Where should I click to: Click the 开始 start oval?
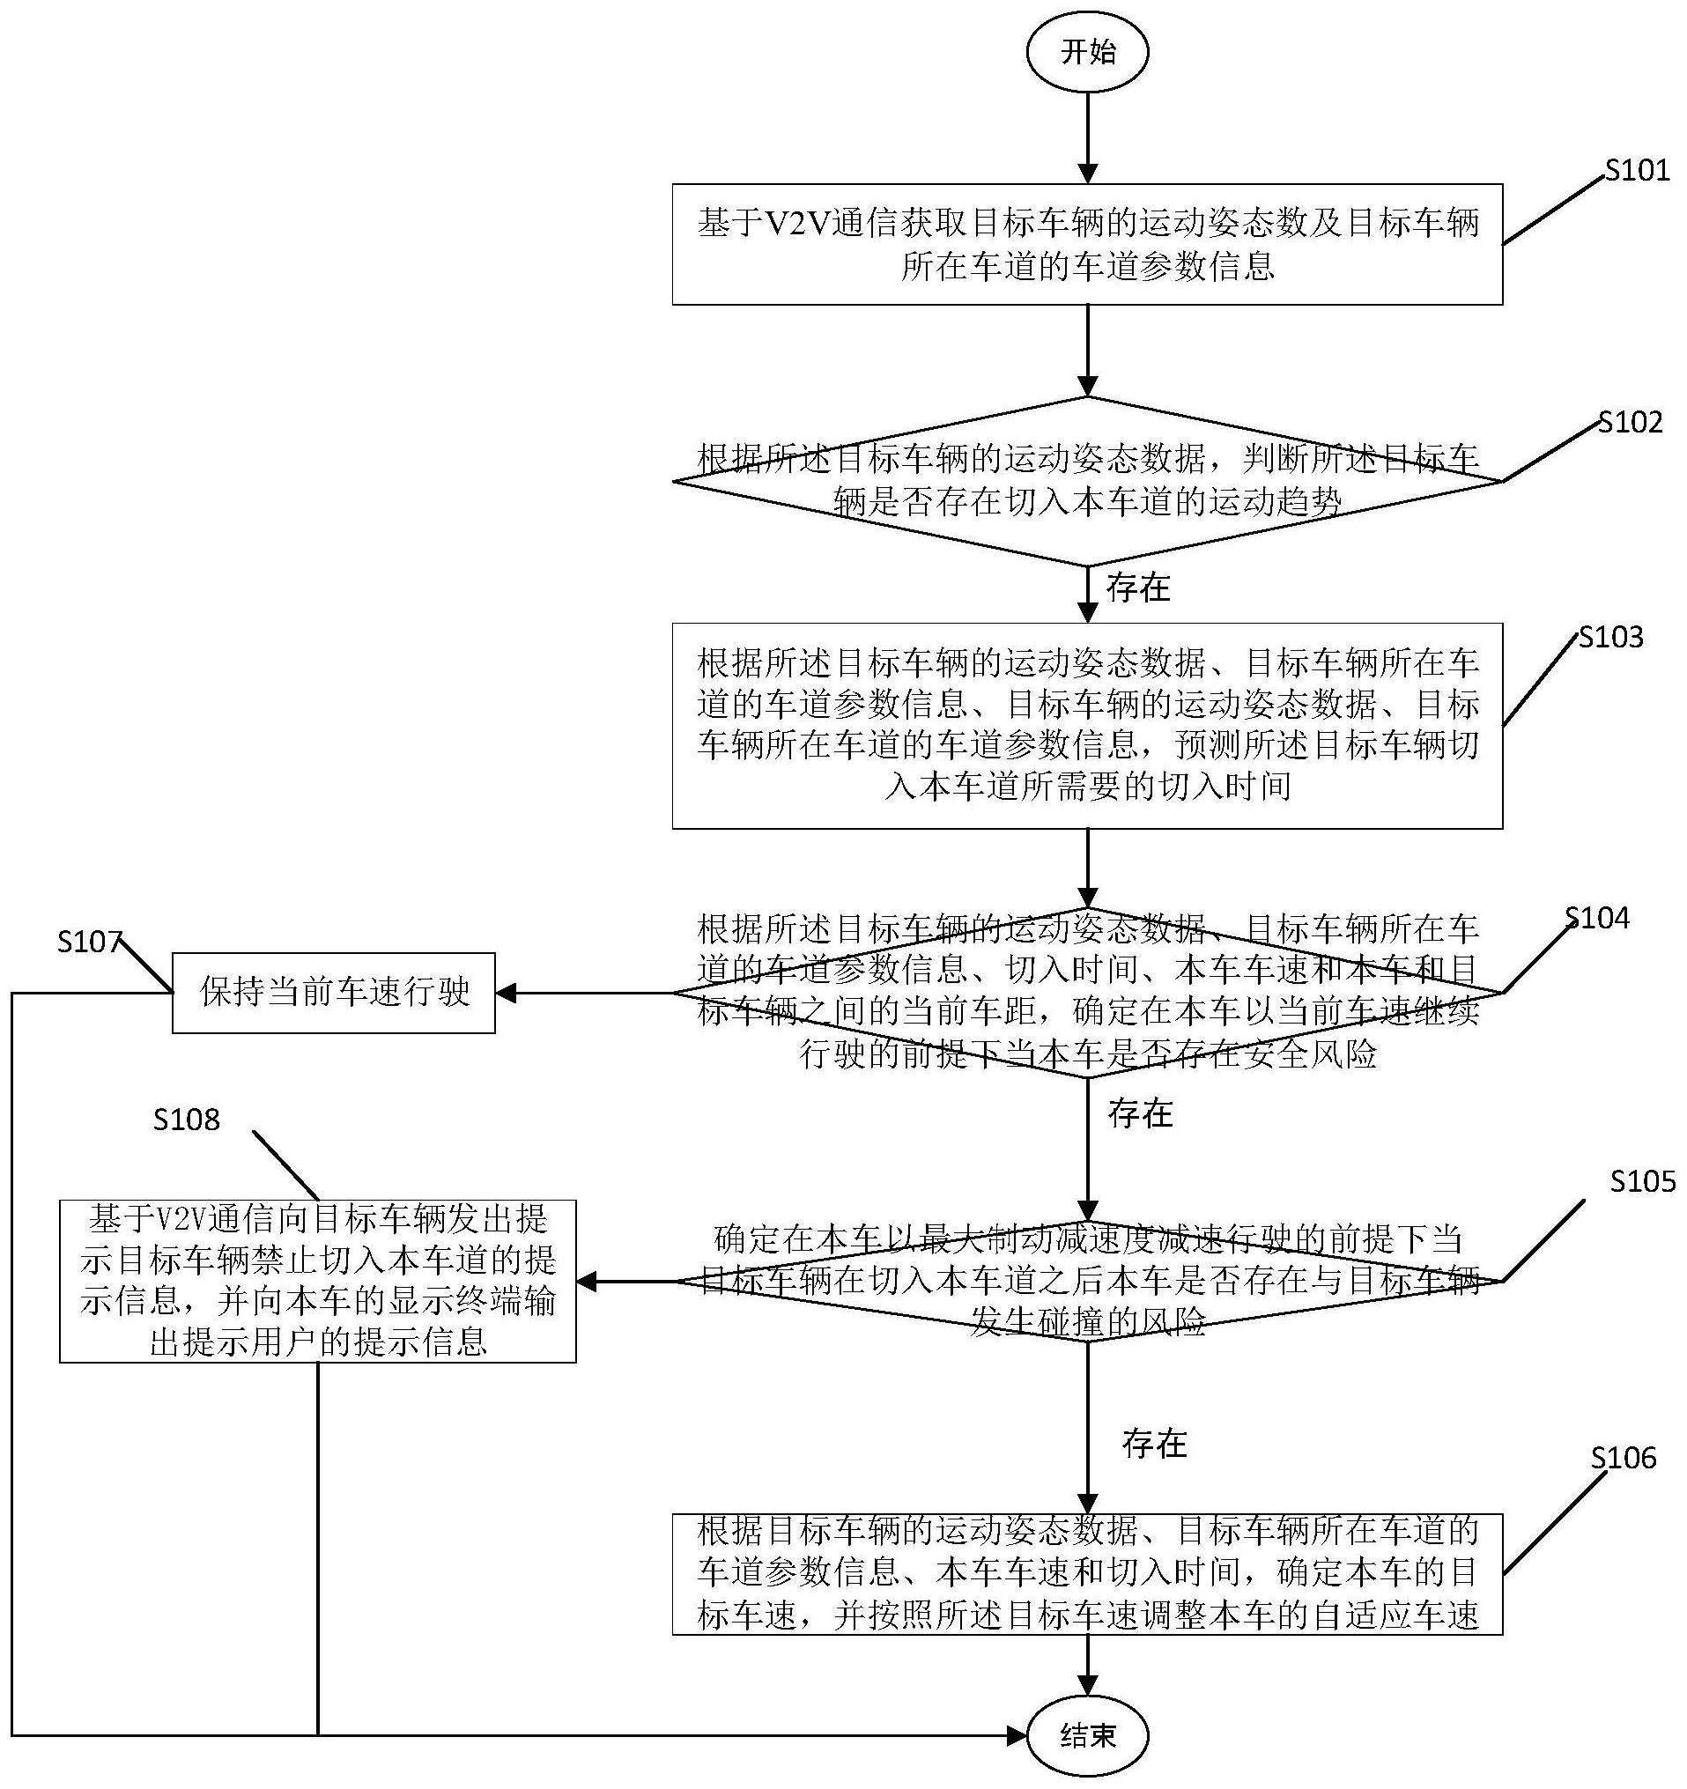[1087, 53]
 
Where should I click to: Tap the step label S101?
[1638, 170]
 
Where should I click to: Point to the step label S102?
[1631, 423]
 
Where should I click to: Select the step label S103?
[1611, 637]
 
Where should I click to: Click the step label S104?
[1597, 918]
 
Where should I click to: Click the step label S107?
[89, 942]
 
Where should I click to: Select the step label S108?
[187, 1120]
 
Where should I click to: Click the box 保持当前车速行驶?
[334, 993]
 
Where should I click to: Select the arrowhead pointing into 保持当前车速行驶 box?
[506, 994]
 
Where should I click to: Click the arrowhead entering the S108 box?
[587, 1282]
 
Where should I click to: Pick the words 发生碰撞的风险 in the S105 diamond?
[1087, 1321]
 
